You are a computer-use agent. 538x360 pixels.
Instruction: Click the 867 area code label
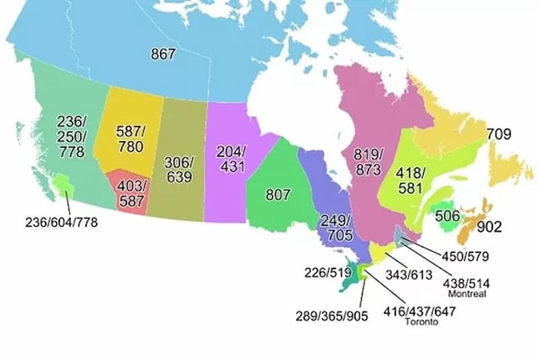(164, 55)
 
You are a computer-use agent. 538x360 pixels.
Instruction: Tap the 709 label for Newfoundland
(498, 135)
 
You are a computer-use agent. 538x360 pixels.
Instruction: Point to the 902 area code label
(489, 227)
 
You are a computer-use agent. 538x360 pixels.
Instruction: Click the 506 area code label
(447, 216)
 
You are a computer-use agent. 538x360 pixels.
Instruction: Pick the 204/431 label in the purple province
(231, 159)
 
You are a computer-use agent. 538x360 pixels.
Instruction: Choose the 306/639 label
(179, 170)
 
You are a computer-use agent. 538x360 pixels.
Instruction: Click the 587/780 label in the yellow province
(130, 139)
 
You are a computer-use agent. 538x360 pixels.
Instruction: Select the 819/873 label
(368, 162)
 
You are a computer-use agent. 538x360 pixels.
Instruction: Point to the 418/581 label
(409, 180)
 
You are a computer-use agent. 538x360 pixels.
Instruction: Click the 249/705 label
(335, 227)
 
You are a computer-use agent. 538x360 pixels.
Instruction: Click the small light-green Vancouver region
(65, 183)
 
